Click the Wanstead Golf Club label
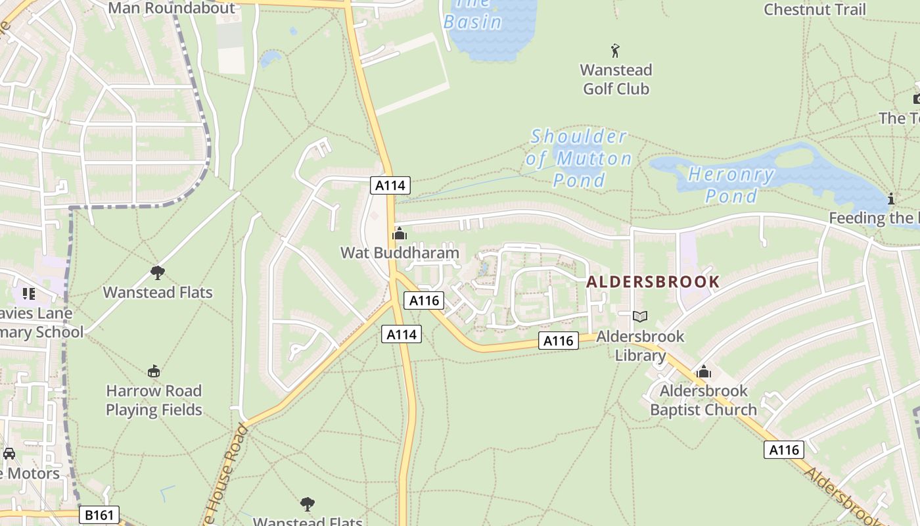click(616, 79)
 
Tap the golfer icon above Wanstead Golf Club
click(615, 51)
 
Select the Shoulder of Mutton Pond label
click(578, 158)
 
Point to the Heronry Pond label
click(731, 185)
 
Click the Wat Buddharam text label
click(400, 252)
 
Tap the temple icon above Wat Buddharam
click(400, 233)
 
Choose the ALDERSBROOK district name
click(653, 282)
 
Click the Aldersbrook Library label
click(640, 346)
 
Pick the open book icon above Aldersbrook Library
click(640, 317)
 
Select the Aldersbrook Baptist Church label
click(703, 400)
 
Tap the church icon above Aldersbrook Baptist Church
click(704, 372)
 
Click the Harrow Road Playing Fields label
click(154, 400)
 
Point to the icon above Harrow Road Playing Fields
click(154, 371)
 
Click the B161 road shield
click(100, 515)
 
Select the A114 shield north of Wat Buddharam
click(390, 185)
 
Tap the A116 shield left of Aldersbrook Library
click(559, 341)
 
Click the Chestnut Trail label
click(814, 9)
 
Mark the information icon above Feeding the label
click(891, 199)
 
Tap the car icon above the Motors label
click(9, 454)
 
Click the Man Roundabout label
click(171, 8)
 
